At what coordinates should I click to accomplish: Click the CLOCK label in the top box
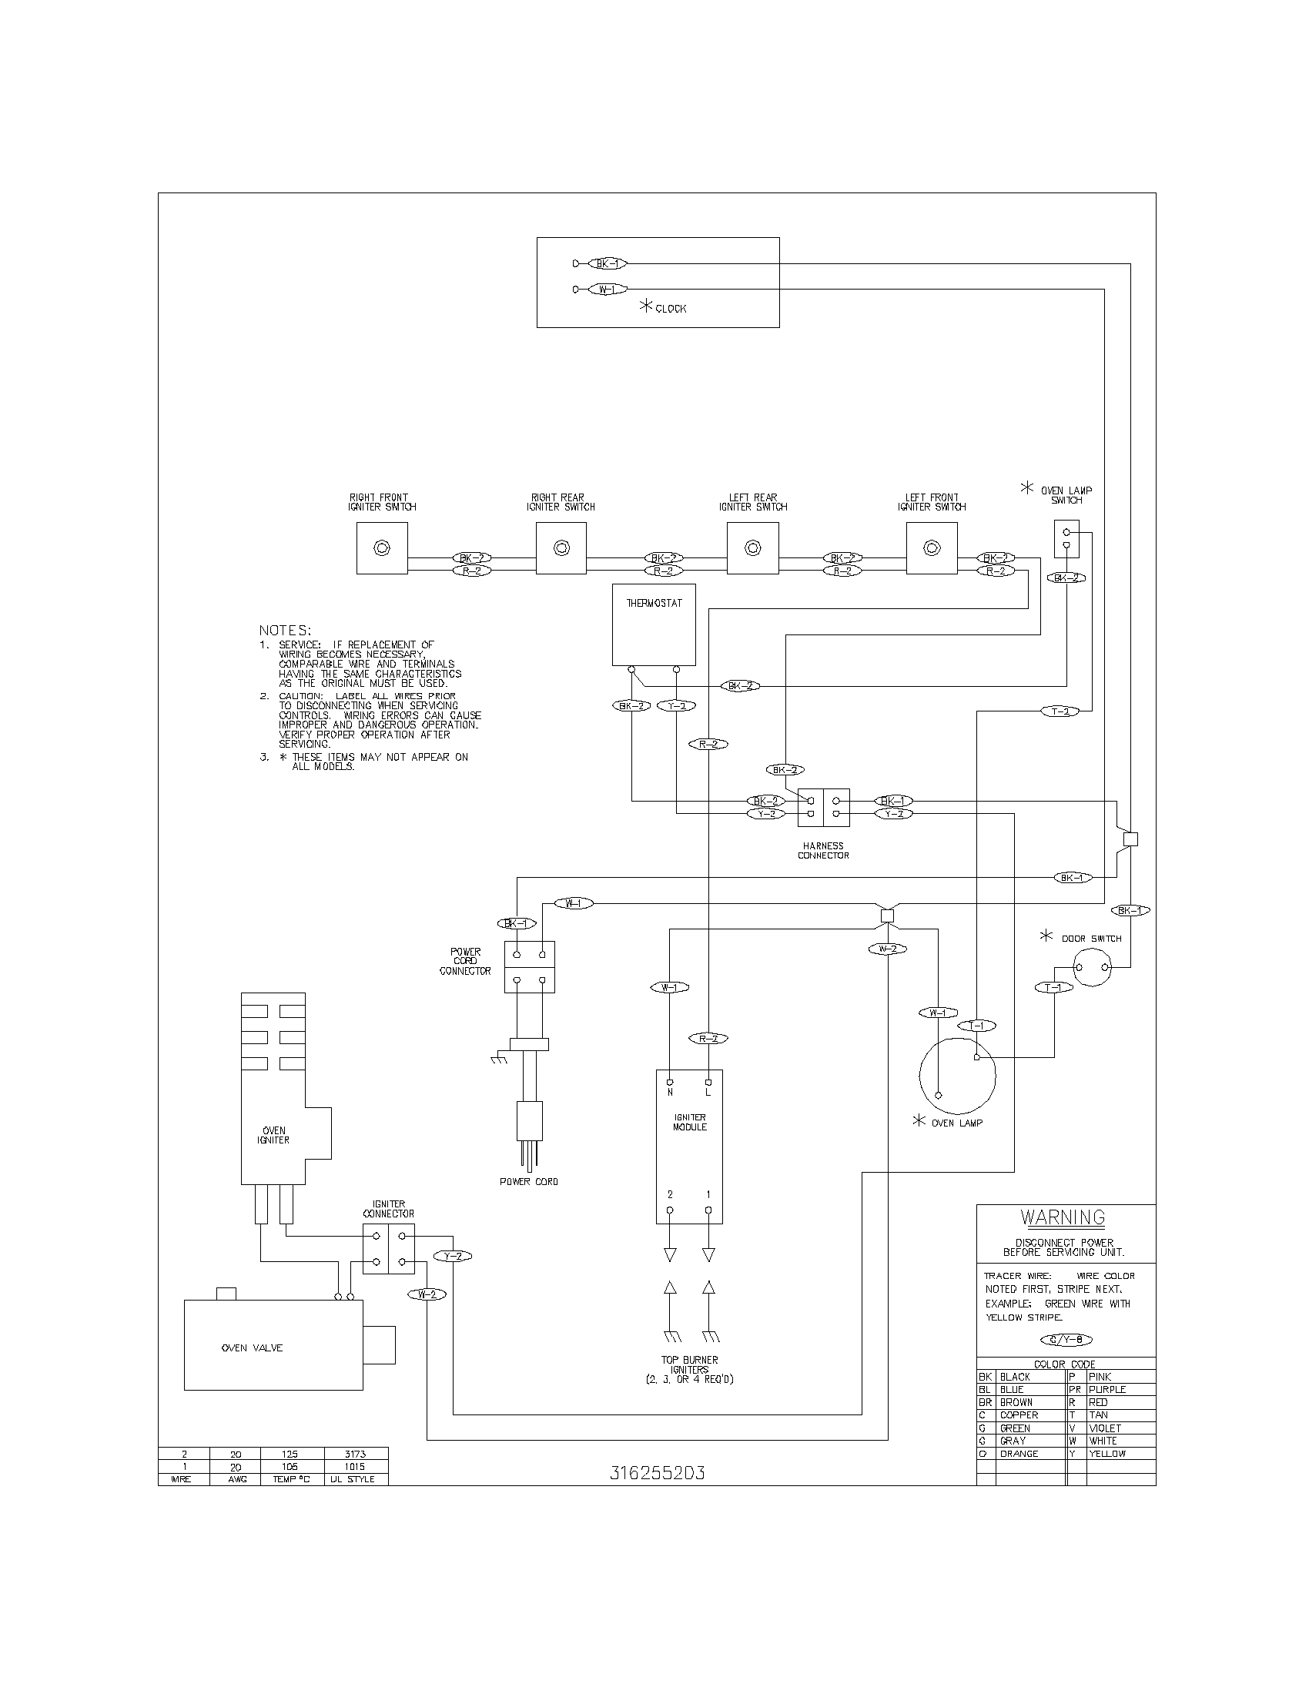pyautogui.click(x=670, y=309)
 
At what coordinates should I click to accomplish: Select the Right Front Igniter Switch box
pyautogui.click(x=381, y=548)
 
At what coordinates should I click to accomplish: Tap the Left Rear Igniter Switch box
pyautogui.click(x=752, y=548)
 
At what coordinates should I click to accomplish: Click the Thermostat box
pyautogui.click(x=654, y=625)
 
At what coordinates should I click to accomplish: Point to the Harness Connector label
pyautogui.click(x=823, y=851)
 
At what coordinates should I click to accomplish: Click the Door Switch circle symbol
pyautogui.click(x=1092, y=967)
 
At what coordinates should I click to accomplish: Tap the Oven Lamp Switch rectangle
pyautogui.click(x=1066, y=538)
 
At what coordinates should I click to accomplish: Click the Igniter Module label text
pyautogui.click(x=689, y=1123)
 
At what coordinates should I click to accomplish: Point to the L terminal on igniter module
pyautogui.click(x=708, y=1092)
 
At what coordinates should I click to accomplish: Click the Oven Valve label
pyautogui.click(x=252, y=1348)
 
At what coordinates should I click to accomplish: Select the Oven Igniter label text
pyautogui.click(x=274, y=1136)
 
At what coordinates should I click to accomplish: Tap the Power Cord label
pyautogui.click(x=529, y=1181)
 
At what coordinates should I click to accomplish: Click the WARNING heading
pyautogui.click(x=1063, y=1218)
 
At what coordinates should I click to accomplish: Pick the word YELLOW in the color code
pyautogui.click(x=1106, y=1454)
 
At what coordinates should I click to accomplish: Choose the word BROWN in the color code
pyautogui.click(x=1016, y=1402)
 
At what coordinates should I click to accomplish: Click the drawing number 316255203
pyautogui.click(x=657, y=1473)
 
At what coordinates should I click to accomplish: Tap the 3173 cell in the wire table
pyautogui.click(x=355, y=1454)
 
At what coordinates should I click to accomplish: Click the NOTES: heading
pyautogui.click(x=285, y=631)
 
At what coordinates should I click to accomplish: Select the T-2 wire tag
pyautogui.click(x=1060, y=711)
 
